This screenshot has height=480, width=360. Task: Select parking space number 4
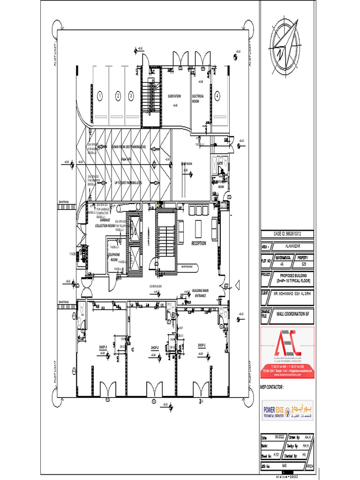pyautogui.click(x=217, y=96)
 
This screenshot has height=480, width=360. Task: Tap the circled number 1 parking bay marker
pyautogui.click(x=99, y=96)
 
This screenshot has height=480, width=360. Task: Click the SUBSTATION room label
pyautogui.click(x=174, y=96)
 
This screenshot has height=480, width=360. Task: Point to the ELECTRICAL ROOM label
pyautogui.click(x=198, y=98)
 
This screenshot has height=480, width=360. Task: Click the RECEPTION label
pyautogui.click(x=198, y=244)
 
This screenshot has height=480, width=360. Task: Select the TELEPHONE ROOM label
pyautogui.click(x=114, y=256)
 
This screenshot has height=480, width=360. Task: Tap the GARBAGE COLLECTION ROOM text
pyautogui.click(x=105, y=223)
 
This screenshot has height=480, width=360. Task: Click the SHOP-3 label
pyautogui.click(x=103, y=347)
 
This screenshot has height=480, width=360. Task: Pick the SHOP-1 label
pyautogui.click(x=202, y=345)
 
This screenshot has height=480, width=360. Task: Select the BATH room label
pyautogui.click(x=226, y=164)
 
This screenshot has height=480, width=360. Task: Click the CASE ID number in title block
pyautogui.click(x=287, y=233)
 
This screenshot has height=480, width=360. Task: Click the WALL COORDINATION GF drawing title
pyautogui.click(x=293, y=313)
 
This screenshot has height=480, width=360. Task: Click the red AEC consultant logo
pyautogui.click(x=287, y=352)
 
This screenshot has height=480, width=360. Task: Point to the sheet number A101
pyautogui.click(x=277, y=455)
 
